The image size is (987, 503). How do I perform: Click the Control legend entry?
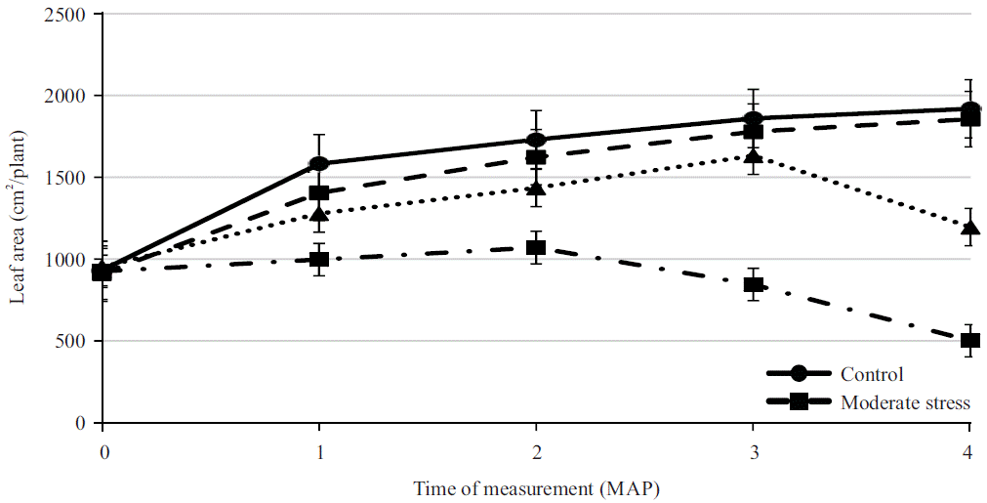pos(870,374)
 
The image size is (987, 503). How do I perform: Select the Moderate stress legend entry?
pos(903,401)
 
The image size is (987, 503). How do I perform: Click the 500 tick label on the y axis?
pos(74,342)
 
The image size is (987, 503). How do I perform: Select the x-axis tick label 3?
pos(753,454)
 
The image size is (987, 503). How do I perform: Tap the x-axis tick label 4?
pos(968,454)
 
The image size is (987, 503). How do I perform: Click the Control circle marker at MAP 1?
pos(318,163)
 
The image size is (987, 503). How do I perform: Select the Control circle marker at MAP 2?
pos(535,140)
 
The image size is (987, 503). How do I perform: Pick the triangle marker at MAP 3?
pos(753,155)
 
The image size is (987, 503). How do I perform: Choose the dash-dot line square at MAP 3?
pos(753,285)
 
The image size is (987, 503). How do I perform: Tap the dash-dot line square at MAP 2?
pos(535,248)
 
